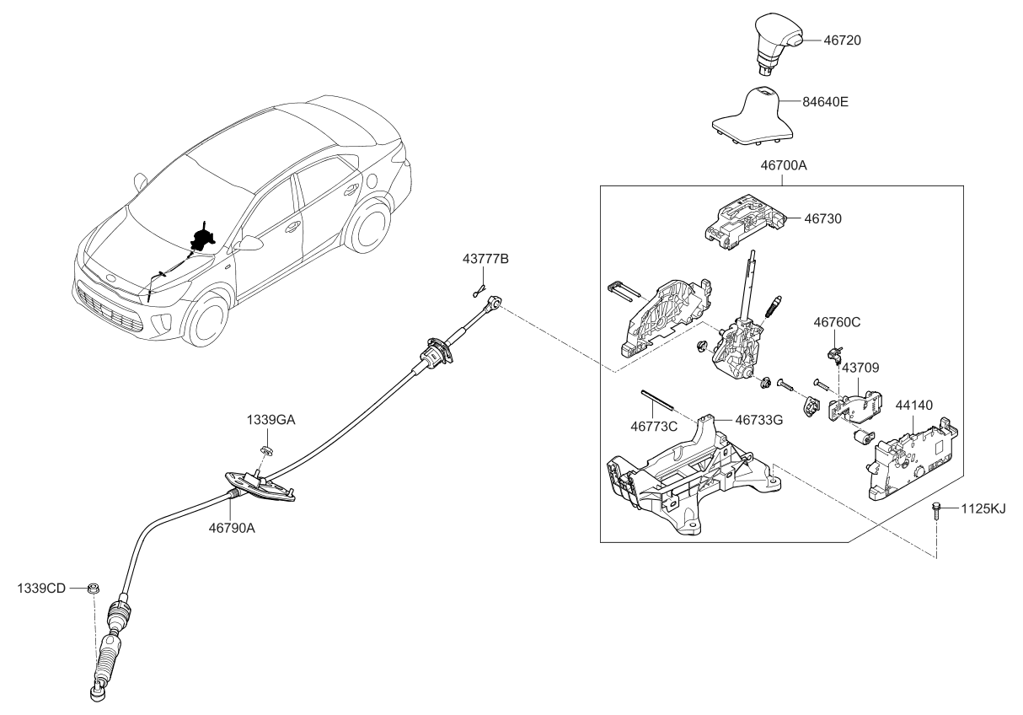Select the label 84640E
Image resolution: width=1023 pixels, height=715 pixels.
click(x=825, y=102)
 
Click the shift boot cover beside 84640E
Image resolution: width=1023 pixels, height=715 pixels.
click(x=753, y=114)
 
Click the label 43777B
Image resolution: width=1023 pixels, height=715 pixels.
click(x=485, y=258)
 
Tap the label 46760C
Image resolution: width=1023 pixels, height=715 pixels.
click(x=836, y=321)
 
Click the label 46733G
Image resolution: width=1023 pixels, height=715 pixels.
click(x=758, y=418)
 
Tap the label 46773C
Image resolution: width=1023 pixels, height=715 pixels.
click(x=654, y=427)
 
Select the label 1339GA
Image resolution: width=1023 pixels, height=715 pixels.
click(x=271, y=419)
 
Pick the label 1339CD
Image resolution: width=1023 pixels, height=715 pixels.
click(x=42, y=587)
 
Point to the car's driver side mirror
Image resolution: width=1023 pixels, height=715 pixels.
click(x=250, y=244)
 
